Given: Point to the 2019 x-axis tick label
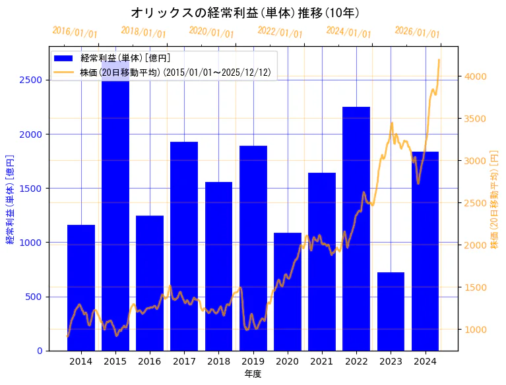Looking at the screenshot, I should click(x=253, y=361).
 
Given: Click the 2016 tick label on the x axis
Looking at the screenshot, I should click(x=150, y=361).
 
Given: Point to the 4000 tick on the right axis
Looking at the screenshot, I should click(x=476, y=76).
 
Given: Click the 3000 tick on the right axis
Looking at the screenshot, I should click(x=476, y=161).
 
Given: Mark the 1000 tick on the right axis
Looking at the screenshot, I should click(x=476, y=330).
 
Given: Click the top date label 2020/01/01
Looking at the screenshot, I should click(x=211, y=33).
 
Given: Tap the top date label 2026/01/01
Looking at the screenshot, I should click(x=417, y=33).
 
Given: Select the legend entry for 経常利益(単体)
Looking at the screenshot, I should click(x=125, y=59).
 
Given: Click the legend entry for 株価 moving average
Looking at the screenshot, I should click(x=175, y=73).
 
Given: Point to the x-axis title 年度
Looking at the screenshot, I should click(x=253, y=374).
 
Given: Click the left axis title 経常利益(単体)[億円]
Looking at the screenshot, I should click(x=10, y=199).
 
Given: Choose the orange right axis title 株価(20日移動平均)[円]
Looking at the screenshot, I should click(x=495, y=199).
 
